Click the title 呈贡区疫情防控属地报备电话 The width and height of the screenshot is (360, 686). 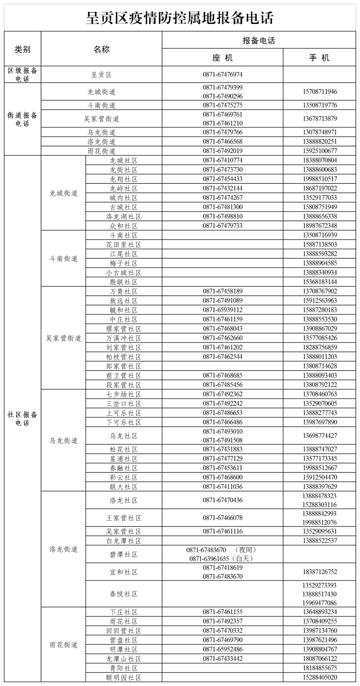[180, 18]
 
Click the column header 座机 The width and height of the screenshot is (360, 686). [222, 58]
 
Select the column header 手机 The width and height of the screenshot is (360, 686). [319, 58]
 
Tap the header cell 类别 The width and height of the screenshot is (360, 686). [22, 49]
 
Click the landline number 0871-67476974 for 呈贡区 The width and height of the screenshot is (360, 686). [222, 74]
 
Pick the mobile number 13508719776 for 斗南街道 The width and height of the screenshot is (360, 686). [320, 105]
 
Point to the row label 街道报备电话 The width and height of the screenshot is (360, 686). [22, 119]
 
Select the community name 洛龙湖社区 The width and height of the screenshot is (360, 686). [124, 216]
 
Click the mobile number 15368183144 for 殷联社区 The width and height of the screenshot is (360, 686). [320, 282]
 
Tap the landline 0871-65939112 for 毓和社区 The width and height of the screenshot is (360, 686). [222, 310]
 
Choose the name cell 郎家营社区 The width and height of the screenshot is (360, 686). [124, 366]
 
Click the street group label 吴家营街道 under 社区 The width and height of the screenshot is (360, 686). [63, 338]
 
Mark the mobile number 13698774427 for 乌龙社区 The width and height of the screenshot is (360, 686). [320, 436]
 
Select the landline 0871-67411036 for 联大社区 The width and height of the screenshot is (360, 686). [222, 487]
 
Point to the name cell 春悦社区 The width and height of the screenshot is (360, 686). [124, 594]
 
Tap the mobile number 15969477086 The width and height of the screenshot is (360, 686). [319, 603]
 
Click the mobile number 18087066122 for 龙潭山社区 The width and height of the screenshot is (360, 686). [320, 659]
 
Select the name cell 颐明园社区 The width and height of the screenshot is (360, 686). [124, 678]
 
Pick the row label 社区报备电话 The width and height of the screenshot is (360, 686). [22, 419]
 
